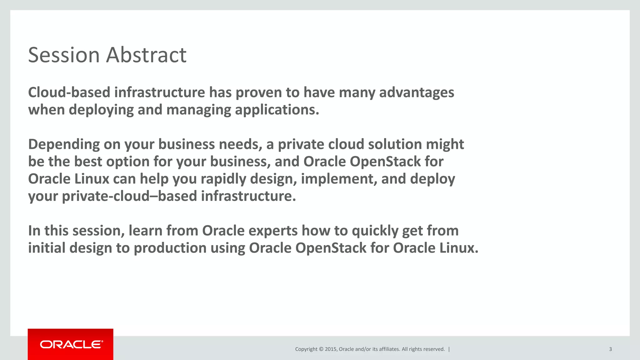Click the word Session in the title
[x=64, y=55]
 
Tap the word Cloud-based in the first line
[x=69, y=92]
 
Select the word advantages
[x=417, y=92]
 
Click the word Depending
[x=64, y=144]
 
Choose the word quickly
[x=375, y=231]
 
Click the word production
[x=170, y=248]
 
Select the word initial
[x=47, y=248]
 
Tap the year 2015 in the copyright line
[x=331, y=349]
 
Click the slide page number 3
[x=610, y=349]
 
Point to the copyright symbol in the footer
[x=321, y=349]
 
